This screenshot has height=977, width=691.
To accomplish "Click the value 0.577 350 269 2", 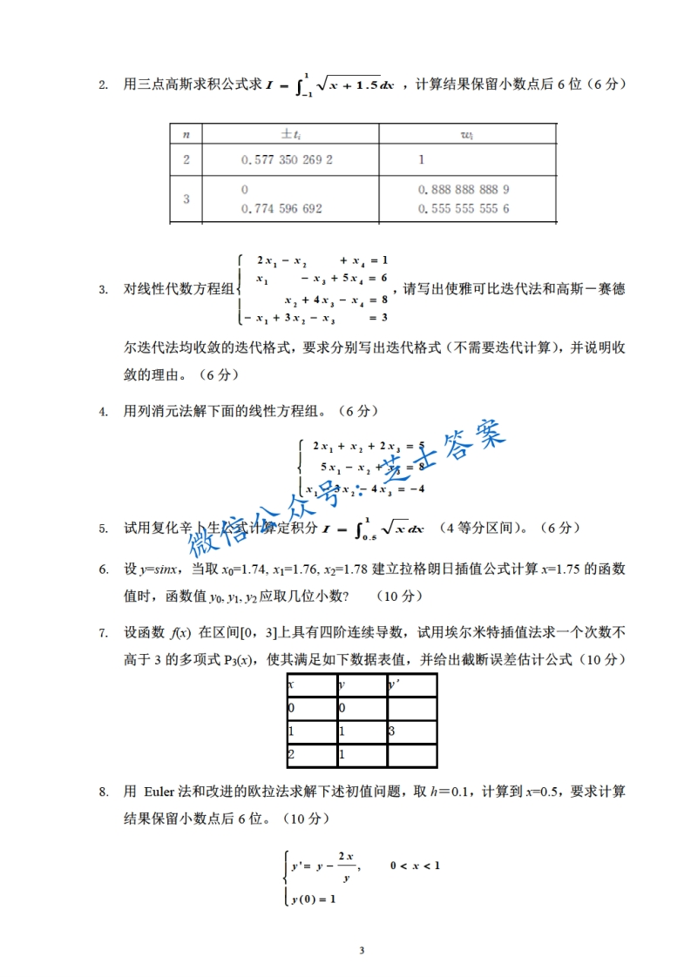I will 287,160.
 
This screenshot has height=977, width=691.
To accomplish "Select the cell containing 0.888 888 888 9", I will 464,190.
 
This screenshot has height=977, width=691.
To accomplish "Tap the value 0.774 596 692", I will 281,209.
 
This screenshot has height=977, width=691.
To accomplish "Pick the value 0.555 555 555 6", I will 464,209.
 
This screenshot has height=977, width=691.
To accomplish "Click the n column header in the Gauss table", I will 186,133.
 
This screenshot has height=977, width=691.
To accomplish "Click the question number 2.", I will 103,84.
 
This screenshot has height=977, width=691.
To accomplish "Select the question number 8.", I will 103,792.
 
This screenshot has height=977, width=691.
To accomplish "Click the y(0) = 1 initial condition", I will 314,899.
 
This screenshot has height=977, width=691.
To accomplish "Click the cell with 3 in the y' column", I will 393,731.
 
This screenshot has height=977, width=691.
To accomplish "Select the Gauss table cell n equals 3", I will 186,199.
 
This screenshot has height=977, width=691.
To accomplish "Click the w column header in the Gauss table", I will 466,133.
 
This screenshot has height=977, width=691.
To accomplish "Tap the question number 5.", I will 103,528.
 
